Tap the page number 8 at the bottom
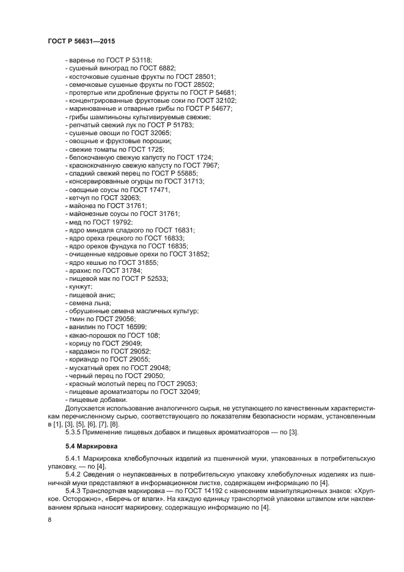[x=50, y=519]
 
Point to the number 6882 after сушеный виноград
[x=165, y=68]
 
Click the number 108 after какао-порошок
[x=152, y=335]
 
